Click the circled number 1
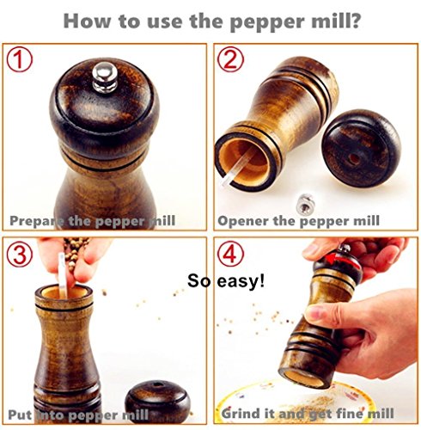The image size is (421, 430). (x=20, y=59)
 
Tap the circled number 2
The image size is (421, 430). (x=230, y=59)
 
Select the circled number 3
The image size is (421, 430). (x=20, y=255)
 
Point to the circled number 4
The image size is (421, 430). (x=230, y=254)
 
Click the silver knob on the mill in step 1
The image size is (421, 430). (x=105, y=77)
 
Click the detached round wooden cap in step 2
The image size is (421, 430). (x=361, y=149)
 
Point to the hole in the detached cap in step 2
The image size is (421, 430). (x=354, y=158)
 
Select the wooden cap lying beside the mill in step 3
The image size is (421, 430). (x=157, y=402)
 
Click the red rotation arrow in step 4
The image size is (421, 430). (x=343, y=261)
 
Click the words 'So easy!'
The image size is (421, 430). (x=226, y=281)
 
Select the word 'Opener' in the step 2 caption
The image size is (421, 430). (x=243, y=221)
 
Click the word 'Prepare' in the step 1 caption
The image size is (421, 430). (x=37, y=221)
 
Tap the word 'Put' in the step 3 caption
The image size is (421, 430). (x=20, y=415)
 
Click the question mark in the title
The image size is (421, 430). (x=354, y=21)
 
